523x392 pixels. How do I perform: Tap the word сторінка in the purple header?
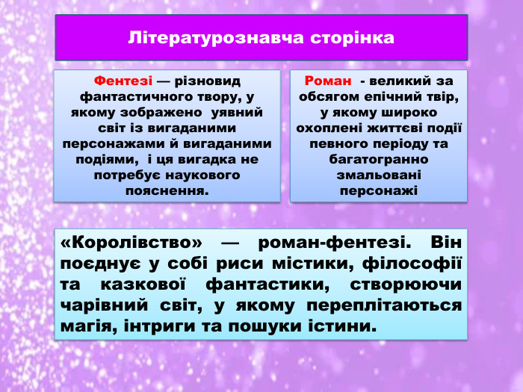coord(351,37)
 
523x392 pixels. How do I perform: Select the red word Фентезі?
coord(123,81)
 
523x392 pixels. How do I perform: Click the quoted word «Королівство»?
coord(131,243)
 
